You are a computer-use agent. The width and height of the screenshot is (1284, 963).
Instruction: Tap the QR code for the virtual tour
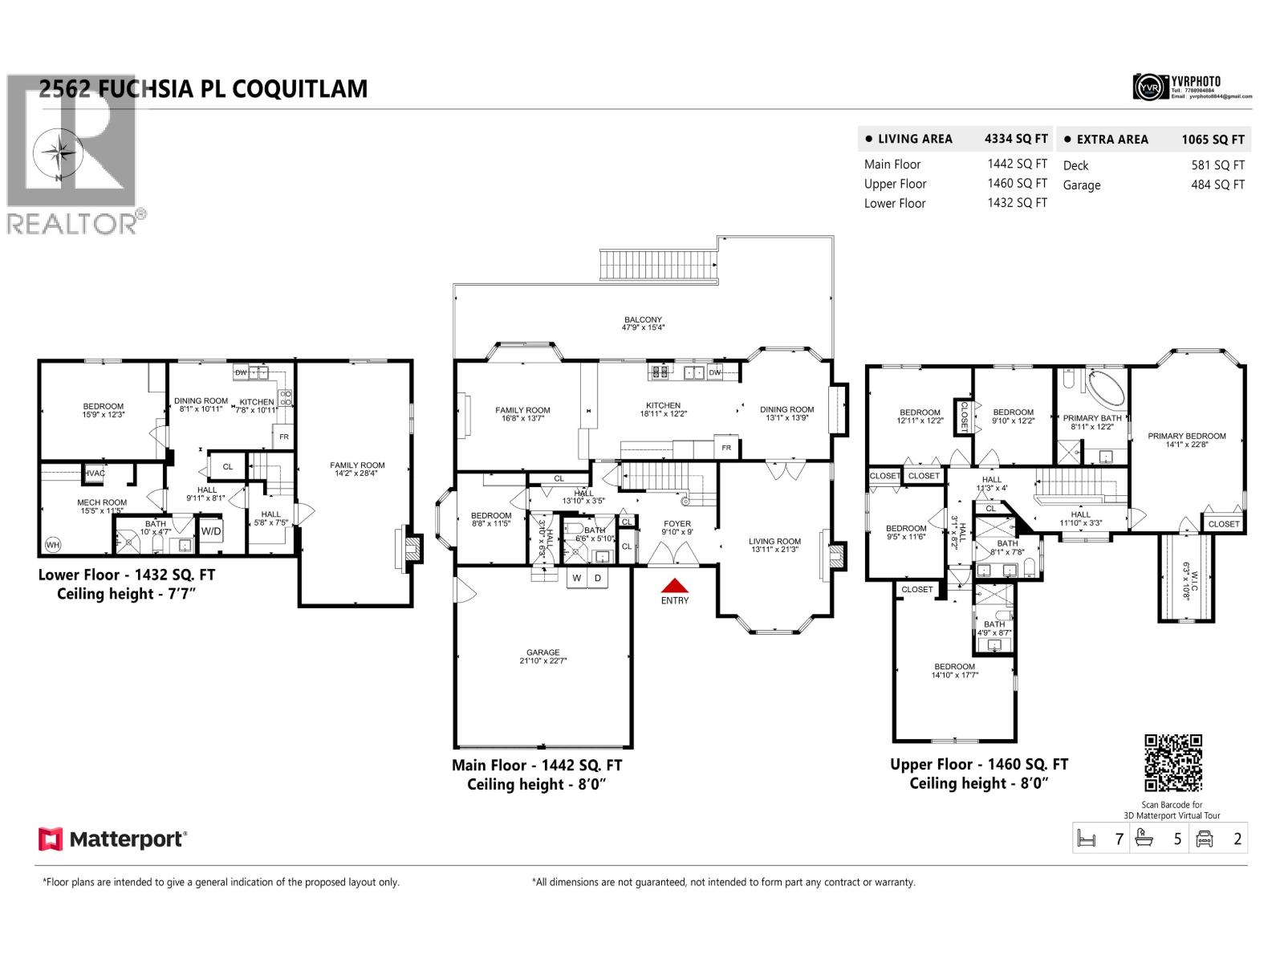click(1172, 763)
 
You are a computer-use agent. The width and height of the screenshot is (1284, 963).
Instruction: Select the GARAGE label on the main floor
click(543, 652)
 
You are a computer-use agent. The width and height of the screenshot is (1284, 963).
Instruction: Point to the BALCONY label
click(643, 319)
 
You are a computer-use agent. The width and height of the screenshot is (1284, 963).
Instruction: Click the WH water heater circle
click(53, 545)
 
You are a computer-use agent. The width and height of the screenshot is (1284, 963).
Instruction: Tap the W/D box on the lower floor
click(211, 531)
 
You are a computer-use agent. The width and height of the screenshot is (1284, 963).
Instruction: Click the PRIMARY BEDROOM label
click(1186, 437)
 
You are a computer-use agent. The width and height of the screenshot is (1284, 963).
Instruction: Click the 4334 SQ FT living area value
click(1015, 139)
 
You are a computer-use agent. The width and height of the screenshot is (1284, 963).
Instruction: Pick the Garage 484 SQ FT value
click(1217, 185)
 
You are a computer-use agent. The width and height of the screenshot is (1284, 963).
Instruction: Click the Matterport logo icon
click(50, 839)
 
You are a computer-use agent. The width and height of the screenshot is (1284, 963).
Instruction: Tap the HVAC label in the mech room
click(95, 473)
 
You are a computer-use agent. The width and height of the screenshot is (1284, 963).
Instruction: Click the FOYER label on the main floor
click(677, 523)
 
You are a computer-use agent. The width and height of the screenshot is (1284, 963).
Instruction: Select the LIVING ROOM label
click(774, 541)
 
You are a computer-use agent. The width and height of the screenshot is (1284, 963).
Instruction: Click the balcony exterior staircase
click(658, 264)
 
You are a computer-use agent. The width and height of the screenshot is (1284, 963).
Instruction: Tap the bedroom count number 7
click(1119, 839)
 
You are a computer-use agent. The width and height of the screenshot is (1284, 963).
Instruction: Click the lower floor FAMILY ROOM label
click(357, 465)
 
